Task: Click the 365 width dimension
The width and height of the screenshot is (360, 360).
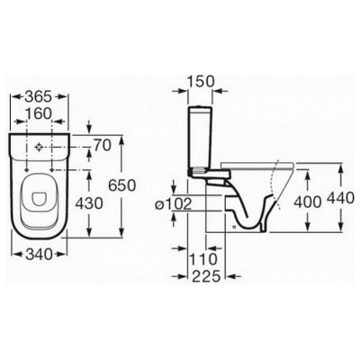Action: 39,96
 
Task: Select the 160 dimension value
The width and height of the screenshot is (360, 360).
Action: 39,113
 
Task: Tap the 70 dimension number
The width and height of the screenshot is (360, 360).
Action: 103,146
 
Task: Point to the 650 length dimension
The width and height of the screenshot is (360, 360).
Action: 122,185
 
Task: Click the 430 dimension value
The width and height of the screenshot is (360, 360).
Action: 89,204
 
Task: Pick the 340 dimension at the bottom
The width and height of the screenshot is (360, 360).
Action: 39,255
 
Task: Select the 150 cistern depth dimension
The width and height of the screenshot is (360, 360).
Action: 201,81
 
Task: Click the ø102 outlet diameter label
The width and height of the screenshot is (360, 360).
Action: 174,204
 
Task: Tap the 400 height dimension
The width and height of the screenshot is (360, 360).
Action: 308,202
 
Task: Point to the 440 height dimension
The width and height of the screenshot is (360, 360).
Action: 341,198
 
